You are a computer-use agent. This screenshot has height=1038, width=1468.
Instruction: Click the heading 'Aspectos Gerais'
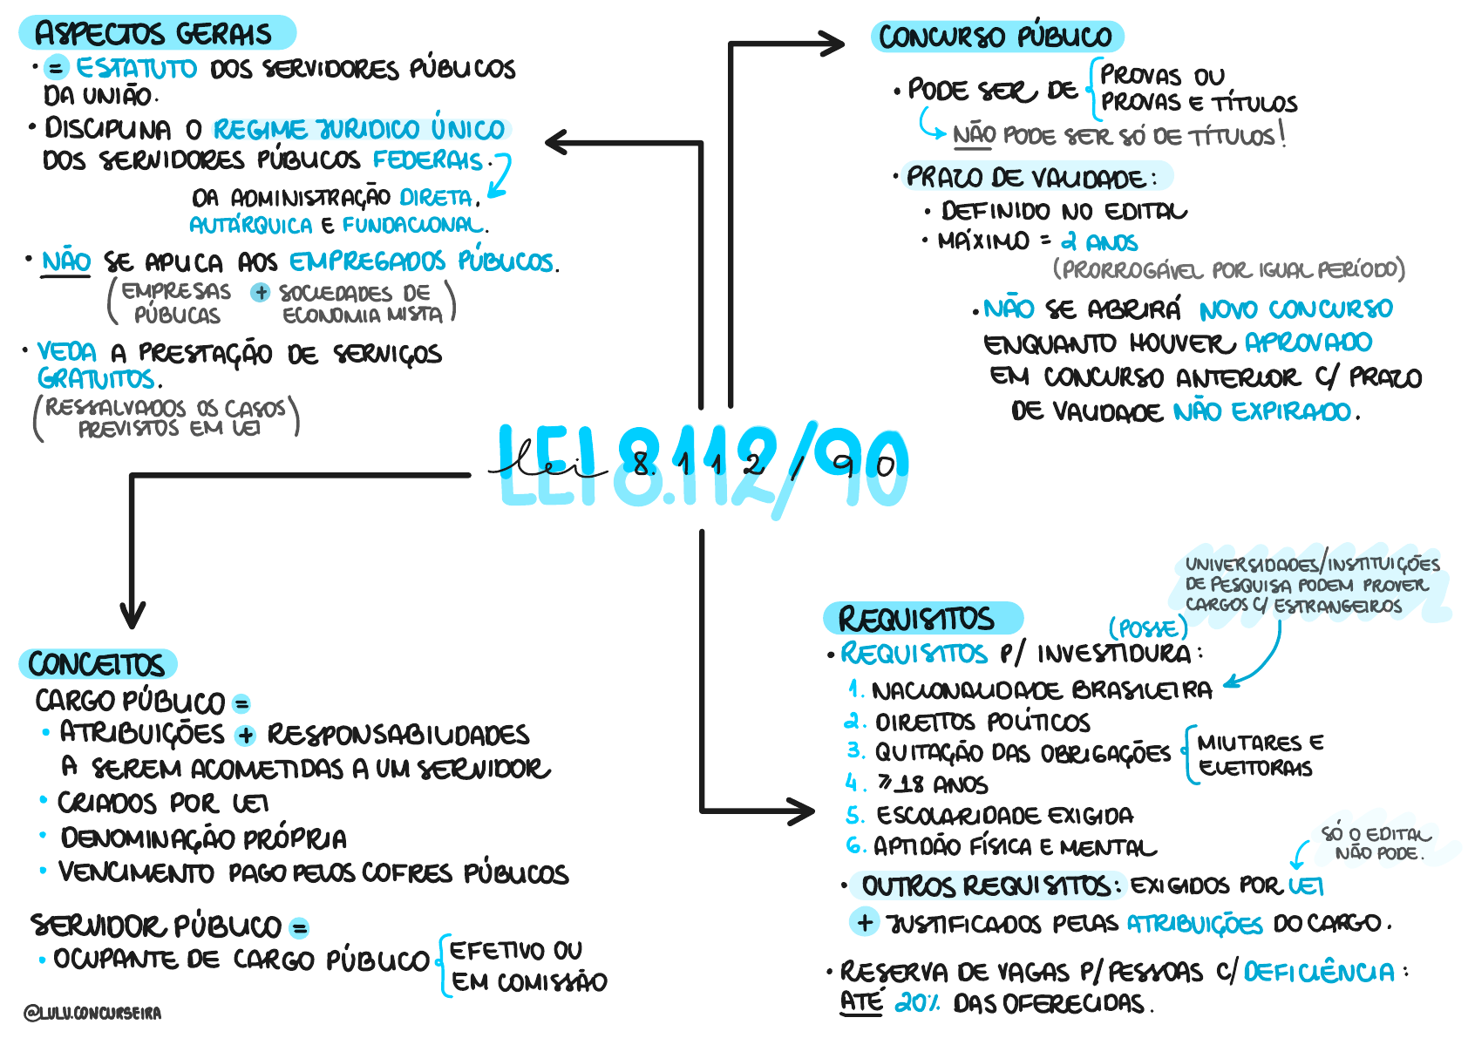click(153, 34)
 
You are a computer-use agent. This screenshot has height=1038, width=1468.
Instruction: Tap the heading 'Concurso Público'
click(995, 37)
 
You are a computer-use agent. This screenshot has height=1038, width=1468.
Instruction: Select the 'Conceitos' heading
click(96, 665)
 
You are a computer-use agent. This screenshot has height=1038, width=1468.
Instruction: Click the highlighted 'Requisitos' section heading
click(916, 619)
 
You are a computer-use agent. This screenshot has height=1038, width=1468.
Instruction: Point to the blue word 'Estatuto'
click(136, 68)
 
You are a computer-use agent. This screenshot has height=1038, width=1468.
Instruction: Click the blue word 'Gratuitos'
click(97, 379)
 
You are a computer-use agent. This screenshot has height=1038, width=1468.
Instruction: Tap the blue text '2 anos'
click(1099, 241)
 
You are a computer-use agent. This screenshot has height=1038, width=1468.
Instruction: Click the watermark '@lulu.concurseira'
click(92, 1013)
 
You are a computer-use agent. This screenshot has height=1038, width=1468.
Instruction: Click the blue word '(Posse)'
click(1147, 628)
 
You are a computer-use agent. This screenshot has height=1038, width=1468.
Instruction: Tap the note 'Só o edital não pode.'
click(1376, 844)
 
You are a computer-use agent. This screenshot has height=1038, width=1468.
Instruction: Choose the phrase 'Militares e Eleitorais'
click(1259, 755)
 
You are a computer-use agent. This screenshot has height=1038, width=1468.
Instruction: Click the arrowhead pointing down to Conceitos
click(133, 617)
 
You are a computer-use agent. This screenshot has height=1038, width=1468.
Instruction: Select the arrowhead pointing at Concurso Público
click(832, 43)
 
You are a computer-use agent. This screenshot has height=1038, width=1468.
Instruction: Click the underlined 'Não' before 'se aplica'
click(66, 261)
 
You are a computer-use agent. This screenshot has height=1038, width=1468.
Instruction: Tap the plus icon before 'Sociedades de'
click(260, 293)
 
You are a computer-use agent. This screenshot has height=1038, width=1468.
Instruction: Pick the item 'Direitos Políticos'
click(982, 723)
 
